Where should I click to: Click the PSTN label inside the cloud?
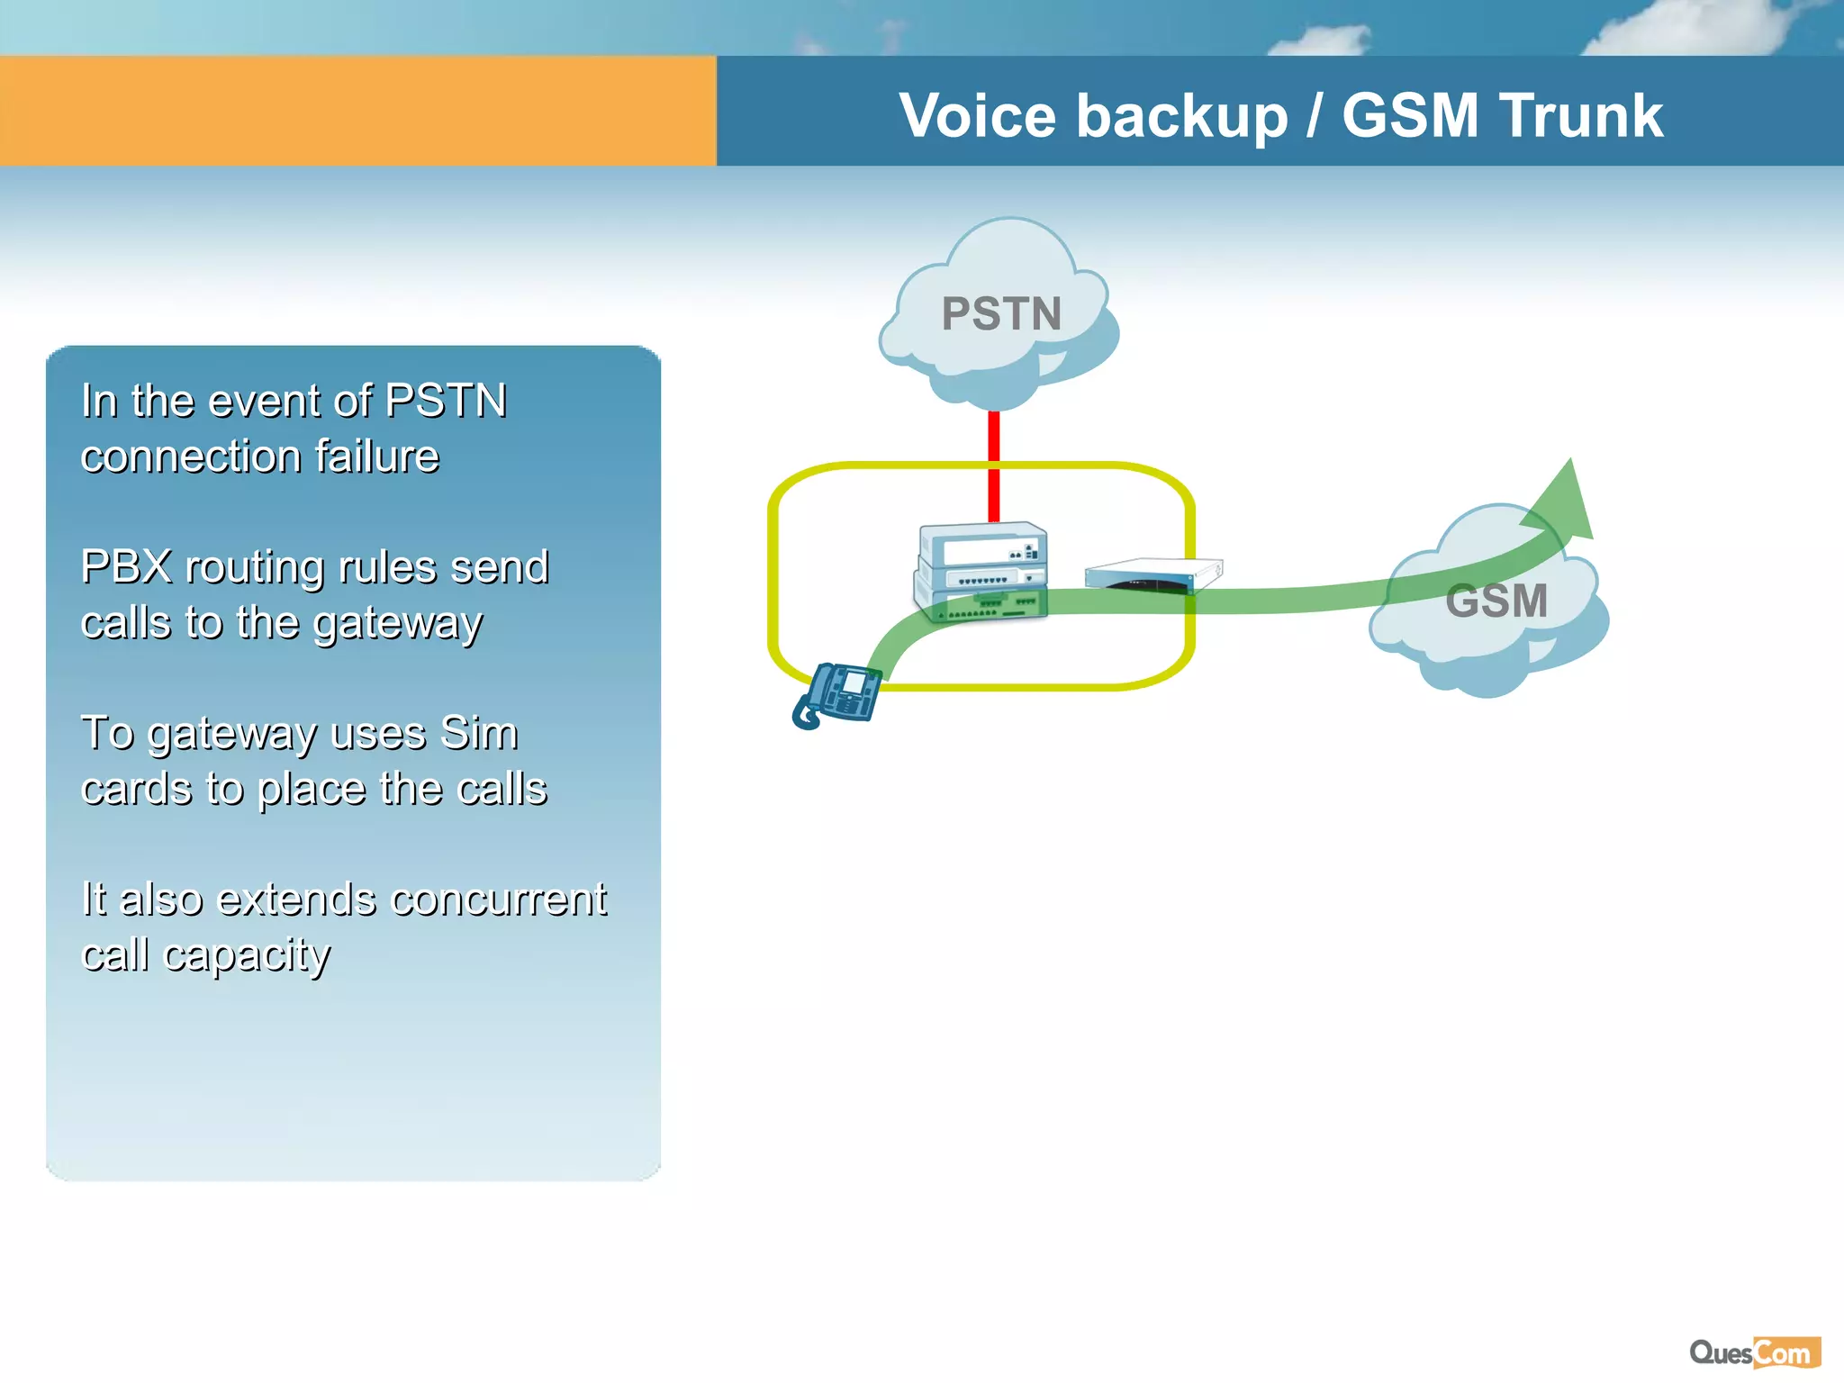[1001, 314]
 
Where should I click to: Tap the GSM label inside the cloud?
[1496, 601]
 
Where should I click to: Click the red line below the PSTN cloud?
[994, 464]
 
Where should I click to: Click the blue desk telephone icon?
[837, 694]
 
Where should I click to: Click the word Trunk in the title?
[1581, 116]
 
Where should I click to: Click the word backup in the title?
[1182, 116]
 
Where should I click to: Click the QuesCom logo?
[1755, 1352]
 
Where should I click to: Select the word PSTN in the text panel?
[446, 401]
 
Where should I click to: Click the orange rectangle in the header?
[357, 111]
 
